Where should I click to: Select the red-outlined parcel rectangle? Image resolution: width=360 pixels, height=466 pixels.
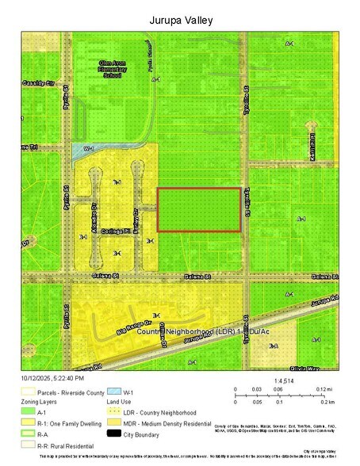pyautogui.click(x=198, y=209)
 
